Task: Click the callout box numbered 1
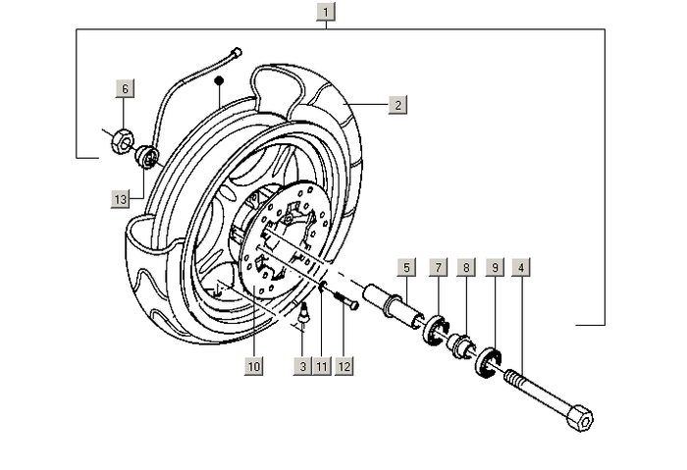click(327, 13)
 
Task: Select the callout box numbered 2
click(397, 104)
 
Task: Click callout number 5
click(407, 266)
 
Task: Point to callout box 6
click(124, 88)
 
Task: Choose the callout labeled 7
click(438, 266)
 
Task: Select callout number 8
click(467, 266)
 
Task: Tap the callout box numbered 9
click(496, 266)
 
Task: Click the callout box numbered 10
click(254, 366)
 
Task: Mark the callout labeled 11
click(322, 366)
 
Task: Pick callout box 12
click(343, 366)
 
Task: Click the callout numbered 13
click(121, 199)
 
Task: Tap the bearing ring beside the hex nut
click(146, 155)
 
